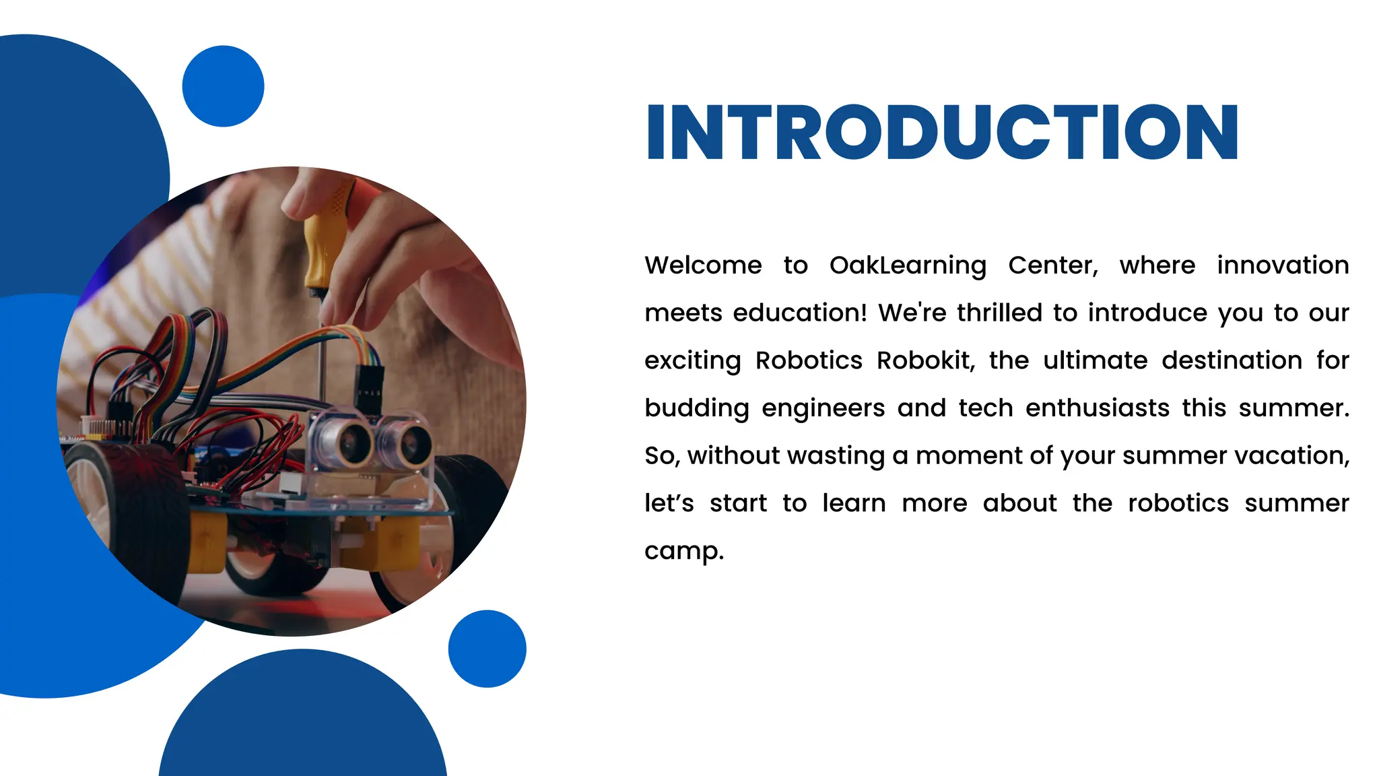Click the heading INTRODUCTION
(942, 133)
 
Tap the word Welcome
(703, 265)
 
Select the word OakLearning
(908, 265)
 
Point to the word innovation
(1283, 265)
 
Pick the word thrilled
(1000, 313)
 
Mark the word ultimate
(1095, 361)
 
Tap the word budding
(696, 409)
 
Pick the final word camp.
(683, 552)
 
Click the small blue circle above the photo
(223, 86)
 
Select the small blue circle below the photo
(487, 649)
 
